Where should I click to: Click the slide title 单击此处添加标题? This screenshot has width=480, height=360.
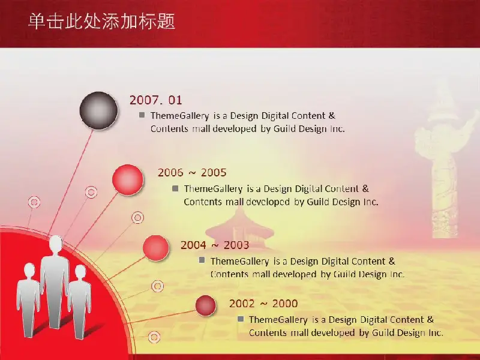coord(101,22)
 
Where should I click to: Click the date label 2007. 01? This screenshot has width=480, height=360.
coord(155,100)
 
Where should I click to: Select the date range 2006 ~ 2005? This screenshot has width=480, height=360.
coord(192,173)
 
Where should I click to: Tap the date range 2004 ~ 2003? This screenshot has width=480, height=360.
coord(215,245)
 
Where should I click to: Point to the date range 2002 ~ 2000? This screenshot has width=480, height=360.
coord(263,304)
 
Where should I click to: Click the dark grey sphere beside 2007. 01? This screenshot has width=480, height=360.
coord(98,110)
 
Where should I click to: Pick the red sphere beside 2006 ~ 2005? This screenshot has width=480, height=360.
coord(128,179)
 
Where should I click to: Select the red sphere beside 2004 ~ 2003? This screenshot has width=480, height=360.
coord(156,248)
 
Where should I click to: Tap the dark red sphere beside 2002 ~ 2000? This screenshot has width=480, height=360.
coord(206,305)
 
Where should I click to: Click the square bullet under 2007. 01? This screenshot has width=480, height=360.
coord(142,115)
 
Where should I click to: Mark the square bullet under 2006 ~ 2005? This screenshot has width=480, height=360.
coord(175,188)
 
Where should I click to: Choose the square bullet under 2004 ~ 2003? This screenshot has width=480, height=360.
coord(202,260)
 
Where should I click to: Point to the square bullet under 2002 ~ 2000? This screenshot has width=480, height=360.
coord(241,319)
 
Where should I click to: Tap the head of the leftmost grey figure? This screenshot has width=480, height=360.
coord(29,271)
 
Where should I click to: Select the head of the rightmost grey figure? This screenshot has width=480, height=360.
coord(80,272)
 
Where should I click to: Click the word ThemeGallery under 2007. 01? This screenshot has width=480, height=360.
coord(179,116)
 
